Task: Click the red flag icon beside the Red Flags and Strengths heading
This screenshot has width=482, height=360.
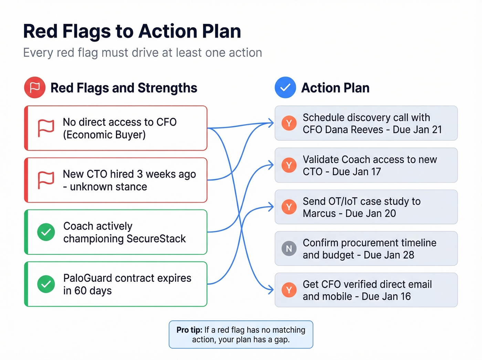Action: tap(35, 88)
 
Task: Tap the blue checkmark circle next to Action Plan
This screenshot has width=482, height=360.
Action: tap(285, 88)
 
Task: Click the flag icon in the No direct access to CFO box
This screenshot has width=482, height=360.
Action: tap(46, 128)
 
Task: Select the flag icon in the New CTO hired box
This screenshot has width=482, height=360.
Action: tap(46, 180)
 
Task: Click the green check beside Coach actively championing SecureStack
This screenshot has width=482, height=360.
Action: tap(46, 232)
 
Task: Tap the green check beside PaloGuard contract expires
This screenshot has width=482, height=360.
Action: tap(46, 284)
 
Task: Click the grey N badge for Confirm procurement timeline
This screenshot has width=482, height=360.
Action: tap(289, 248)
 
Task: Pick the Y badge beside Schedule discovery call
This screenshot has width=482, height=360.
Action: tap(289, 123)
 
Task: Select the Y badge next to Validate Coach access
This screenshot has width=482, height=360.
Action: tap(289, 165)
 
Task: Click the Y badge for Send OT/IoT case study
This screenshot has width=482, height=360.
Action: tap(289, 207)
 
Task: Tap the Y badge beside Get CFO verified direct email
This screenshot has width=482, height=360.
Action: tap(289, 290)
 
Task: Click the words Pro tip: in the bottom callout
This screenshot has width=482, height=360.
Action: tap(189, 330)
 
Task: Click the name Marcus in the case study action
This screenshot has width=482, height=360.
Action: tap(319, 214)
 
